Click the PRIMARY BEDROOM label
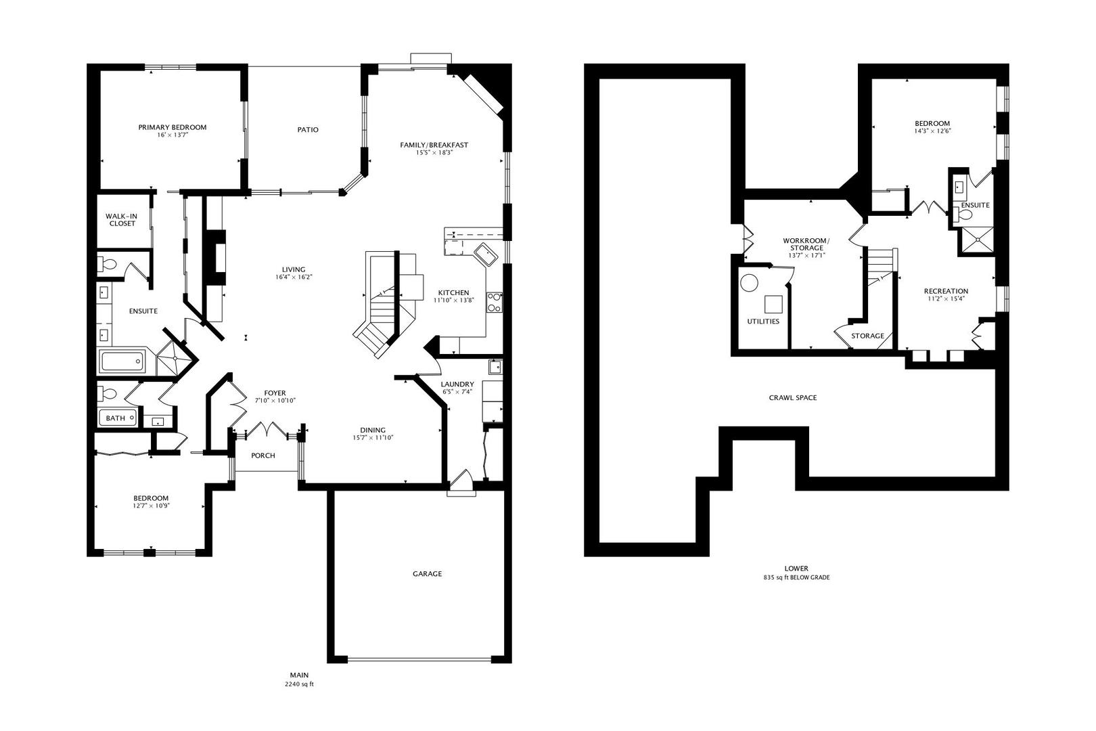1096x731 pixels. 172,127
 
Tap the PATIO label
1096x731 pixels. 308,130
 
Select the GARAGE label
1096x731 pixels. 427,574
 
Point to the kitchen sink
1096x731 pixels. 486,255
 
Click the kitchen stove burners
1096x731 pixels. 495,303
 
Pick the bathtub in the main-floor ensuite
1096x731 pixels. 122,361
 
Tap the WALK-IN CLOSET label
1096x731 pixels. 122,219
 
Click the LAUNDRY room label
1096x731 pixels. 457,384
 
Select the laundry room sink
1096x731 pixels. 495,368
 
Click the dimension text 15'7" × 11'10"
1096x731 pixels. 373,438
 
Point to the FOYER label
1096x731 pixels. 275,393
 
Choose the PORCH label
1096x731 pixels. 263,456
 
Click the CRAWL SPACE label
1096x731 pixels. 793,398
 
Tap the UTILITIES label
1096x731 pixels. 763,322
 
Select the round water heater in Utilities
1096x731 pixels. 750,282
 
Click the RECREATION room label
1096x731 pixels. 946,292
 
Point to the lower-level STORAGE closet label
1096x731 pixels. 867,336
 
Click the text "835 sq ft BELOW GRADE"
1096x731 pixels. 796,578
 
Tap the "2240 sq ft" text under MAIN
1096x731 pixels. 299,684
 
